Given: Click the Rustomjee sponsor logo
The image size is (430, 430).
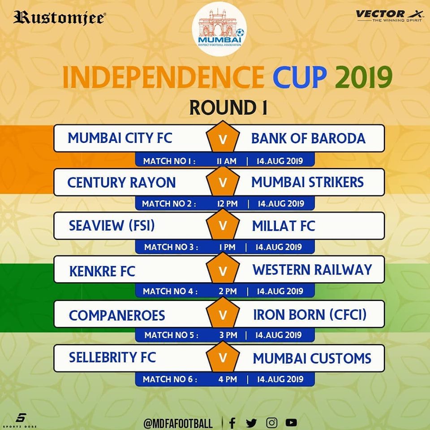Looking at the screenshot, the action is coord(59,18).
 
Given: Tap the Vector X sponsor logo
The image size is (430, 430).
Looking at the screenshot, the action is coord(389,16).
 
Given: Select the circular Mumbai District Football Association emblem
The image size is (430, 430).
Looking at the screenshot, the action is coord(219,29).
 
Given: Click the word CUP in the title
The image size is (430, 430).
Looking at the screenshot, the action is coord(300,77).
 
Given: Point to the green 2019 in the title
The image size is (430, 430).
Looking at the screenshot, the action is coord(364,77).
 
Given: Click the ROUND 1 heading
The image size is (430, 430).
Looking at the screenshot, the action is coord(228,107).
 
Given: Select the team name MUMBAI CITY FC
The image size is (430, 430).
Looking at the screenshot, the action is coord(120,138).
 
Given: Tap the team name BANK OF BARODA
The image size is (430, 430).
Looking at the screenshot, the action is coord(308,138).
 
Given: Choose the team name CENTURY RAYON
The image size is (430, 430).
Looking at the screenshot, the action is coord(121,183).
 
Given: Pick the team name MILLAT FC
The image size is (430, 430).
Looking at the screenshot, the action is coord(284,226).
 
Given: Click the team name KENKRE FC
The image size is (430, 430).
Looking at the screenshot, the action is coord(102,271).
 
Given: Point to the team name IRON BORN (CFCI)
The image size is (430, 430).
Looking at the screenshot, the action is coord(310,315).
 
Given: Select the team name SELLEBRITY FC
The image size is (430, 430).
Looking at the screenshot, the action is coord(112,357).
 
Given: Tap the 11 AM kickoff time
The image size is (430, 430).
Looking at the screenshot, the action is coord(227,161).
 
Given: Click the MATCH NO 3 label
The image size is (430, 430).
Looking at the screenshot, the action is coord(171,247).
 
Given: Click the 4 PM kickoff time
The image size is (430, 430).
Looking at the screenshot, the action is coord(228,379).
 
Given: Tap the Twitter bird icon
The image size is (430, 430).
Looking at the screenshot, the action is coord(251,423).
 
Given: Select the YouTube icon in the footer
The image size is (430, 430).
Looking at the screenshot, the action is coord(291,422).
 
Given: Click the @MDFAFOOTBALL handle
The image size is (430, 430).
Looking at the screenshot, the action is coord(178,423).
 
